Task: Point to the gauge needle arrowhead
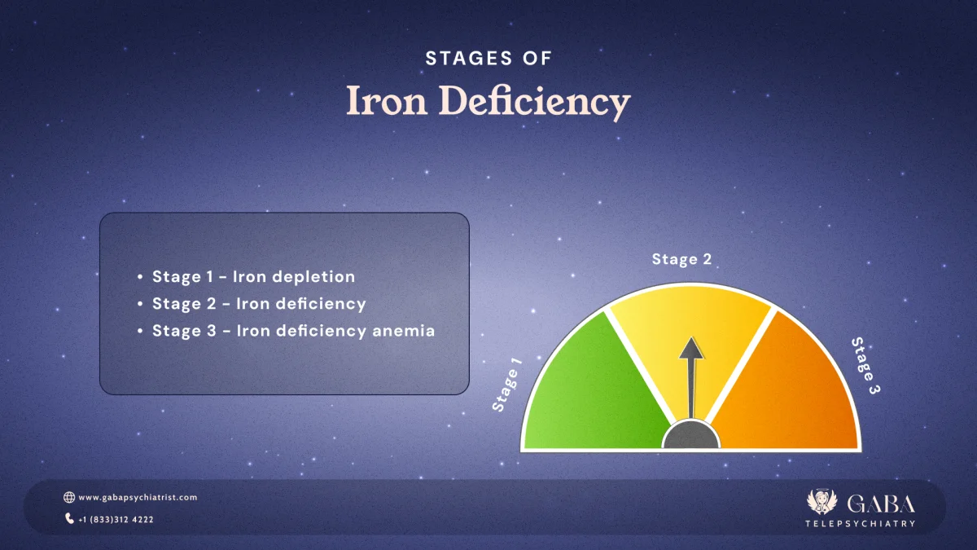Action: click(x=691, y=349)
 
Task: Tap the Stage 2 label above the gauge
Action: click(x=681, y=259)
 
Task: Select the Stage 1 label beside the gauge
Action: click(x=506, y=384)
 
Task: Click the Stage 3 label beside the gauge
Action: click(x=866, y=366)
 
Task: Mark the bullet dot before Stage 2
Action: click(x=141, y=304)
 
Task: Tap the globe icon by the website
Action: click(x=69, y=497)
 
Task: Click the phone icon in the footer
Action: click(x=69, y=518)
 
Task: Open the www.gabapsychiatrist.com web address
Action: click(x=138, y=497)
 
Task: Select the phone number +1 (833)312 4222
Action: click(x=116, y=519)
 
